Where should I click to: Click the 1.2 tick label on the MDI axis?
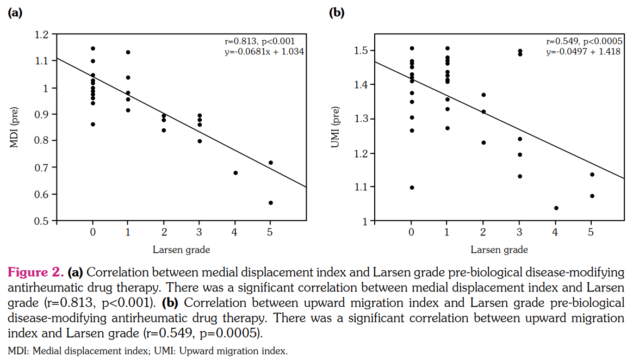pos(42,34)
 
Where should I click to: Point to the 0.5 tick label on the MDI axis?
pos(42,221)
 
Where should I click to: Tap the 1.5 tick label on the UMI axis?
pos(361,51)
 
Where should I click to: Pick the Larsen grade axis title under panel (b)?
pos(499,250)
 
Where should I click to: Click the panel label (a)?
pos(15,13)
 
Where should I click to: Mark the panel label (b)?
pos(337,13)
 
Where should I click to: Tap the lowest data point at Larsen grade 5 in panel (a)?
pos(271,203)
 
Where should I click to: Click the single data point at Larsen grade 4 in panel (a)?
pos(235,173)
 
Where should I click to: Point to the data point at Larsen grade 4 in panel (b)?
pos(556,208)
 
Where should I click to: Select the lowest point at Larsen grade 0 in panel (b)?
pos(412,188)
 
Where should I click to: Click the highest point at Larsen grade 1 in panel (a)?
pos(128,52)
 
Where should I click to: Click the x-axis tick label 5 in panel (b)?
pos(592,233)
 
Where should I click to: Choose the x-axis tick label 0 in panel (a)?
pos(93,233)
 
